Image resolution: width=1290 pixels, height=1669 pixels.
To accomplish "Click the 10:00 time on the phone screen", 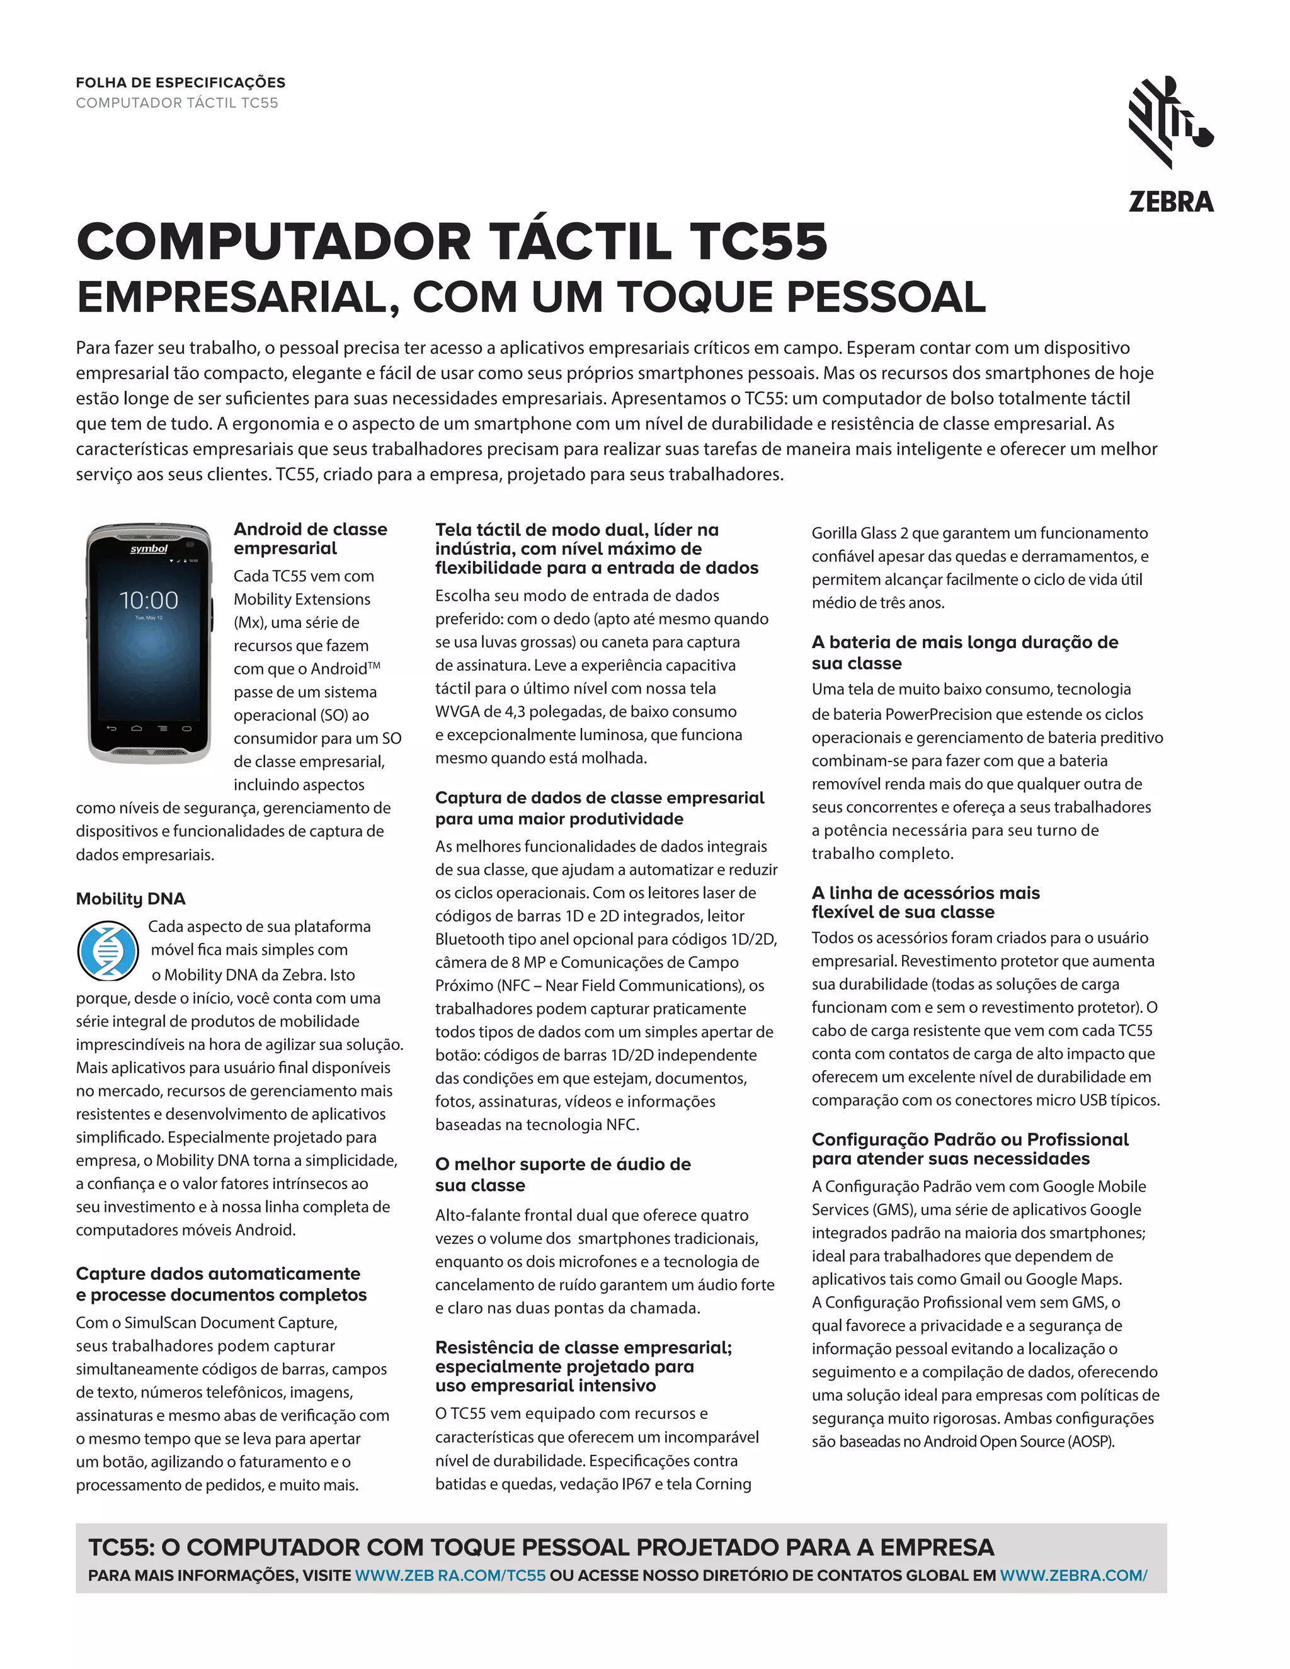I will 149,600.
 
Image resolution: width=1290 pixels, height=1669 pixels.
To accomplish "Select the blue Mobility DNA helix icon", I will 108,952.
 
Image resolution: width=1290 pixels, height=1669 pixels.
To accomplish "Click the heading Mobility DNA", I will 130,899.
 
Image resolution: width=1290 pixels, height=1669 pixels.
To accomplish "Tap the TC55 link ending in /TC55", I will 451,1575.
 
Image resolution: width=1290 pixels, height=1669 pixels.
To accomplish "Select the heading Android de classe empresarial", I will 311,538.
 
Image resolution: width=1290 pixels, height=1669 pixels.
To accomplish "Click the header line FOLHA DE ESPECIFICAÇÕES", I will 180,83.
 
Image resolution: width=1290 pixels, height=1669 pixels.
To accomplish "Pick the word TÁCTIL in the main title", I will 581,242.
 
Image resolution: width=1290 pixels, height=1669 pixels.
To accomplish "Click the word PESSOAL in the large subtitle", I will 886,297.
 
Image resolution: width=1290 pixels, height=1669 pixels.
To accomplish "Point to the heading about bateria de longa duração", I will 964,652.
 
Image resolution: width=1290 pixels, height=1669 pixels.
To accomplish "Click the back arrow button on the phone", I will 111,727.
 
